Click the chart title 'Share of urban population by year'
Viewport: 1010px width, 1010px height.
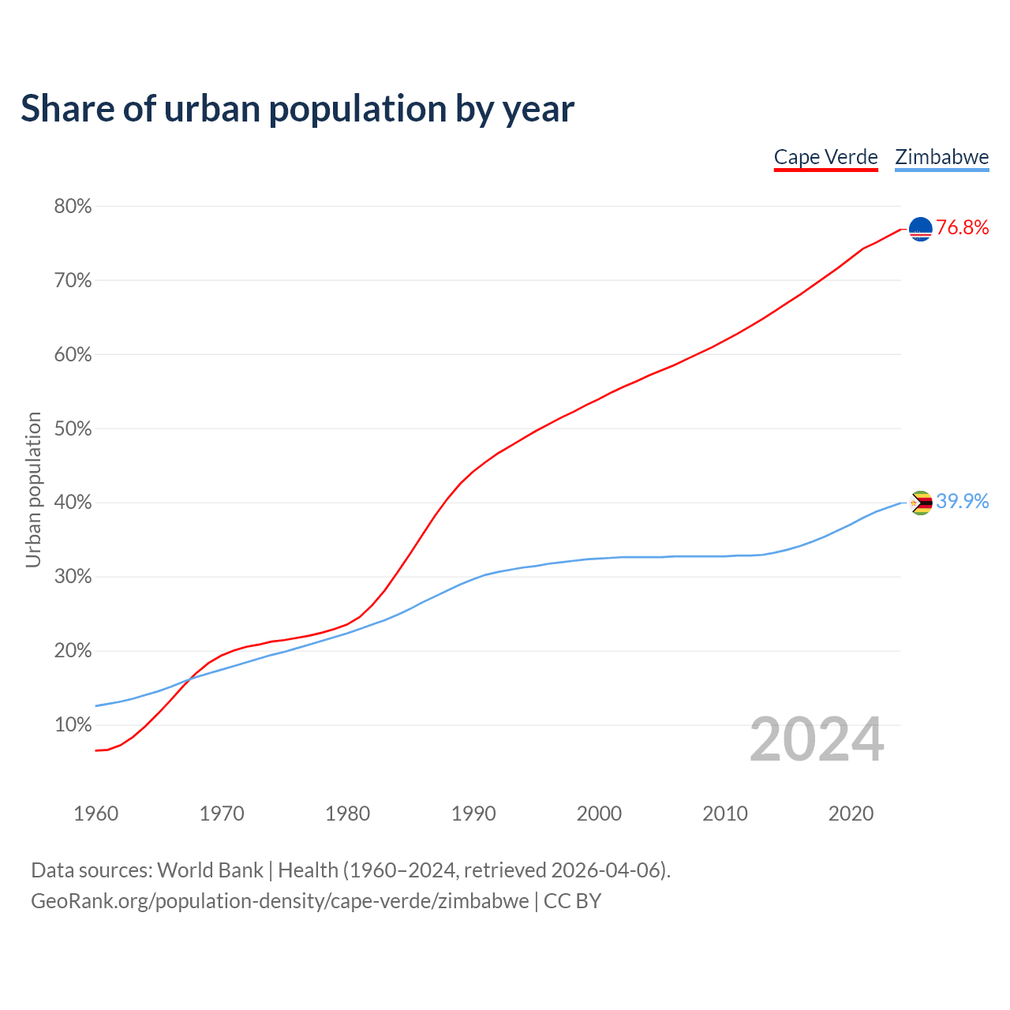click(297, 109)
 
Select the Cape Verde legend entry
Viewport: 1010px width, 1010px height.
click(825, 157)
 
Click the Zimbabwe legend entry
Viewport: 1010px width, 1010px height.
click(941, 157)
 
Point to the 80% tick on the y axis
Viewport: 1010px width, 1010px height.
click(73, 207)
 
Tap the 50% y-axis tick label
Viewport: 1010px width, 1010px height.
click(73, 429)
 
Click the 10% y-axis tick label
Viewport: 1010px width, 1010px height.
click(73, 725)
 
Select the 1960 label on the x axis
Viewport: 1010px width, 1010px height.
click(95, 814)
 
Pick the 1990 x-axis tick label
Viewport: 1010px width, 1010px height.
click(473, 814)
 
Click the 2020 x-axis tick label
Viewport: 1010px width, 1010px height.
click(851, 814)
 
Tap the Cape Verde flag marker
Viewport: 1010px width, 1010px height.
click(921, 229)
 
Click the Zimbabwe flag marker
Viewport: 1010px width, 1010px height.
click(921, 503)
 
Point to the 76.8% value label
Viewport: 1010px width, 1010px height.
click(963, 228)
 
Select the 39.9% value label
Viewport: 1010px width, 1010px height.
click(963, 502)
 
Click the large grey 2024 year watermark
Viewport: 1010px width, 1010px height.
click(817, 740)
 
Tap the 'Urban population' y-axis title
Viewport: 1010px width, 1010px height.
click(33, 489)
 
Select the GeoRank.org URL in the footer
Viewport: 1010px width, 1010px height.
click(279, 901)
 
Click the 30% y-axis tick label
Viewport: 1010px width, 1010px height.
click(73, 577)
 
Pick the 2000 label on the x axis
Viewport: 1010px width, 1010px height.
click(599, 814)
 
